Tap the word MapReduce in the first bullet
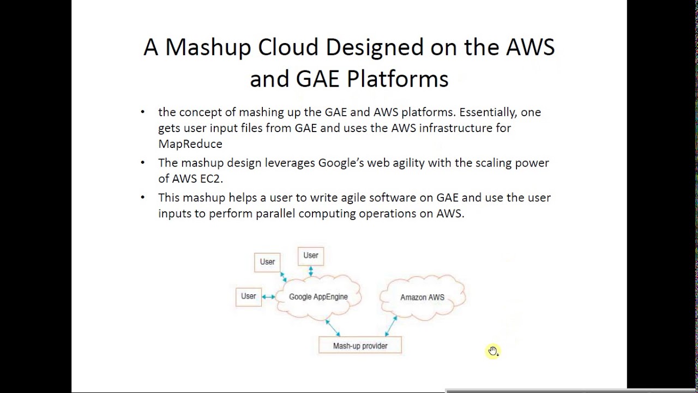pos(190,144)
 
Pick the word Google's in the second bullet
pos(341,163)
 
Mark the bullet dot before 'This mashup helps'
pos(143,198)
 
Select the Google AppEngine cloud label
pos(318,297)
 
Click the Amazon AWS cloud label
pos(422,297)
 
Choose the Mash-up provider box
pos(360,346)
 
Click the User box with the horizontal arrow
pos(248,296)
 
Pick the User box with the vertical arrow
pos(310,255)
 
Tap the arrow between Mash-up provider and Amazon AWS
pos(391,326)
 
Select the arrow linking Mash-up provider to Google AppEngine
pos(333,327)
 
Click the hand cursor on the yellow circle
pos(493,351)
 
